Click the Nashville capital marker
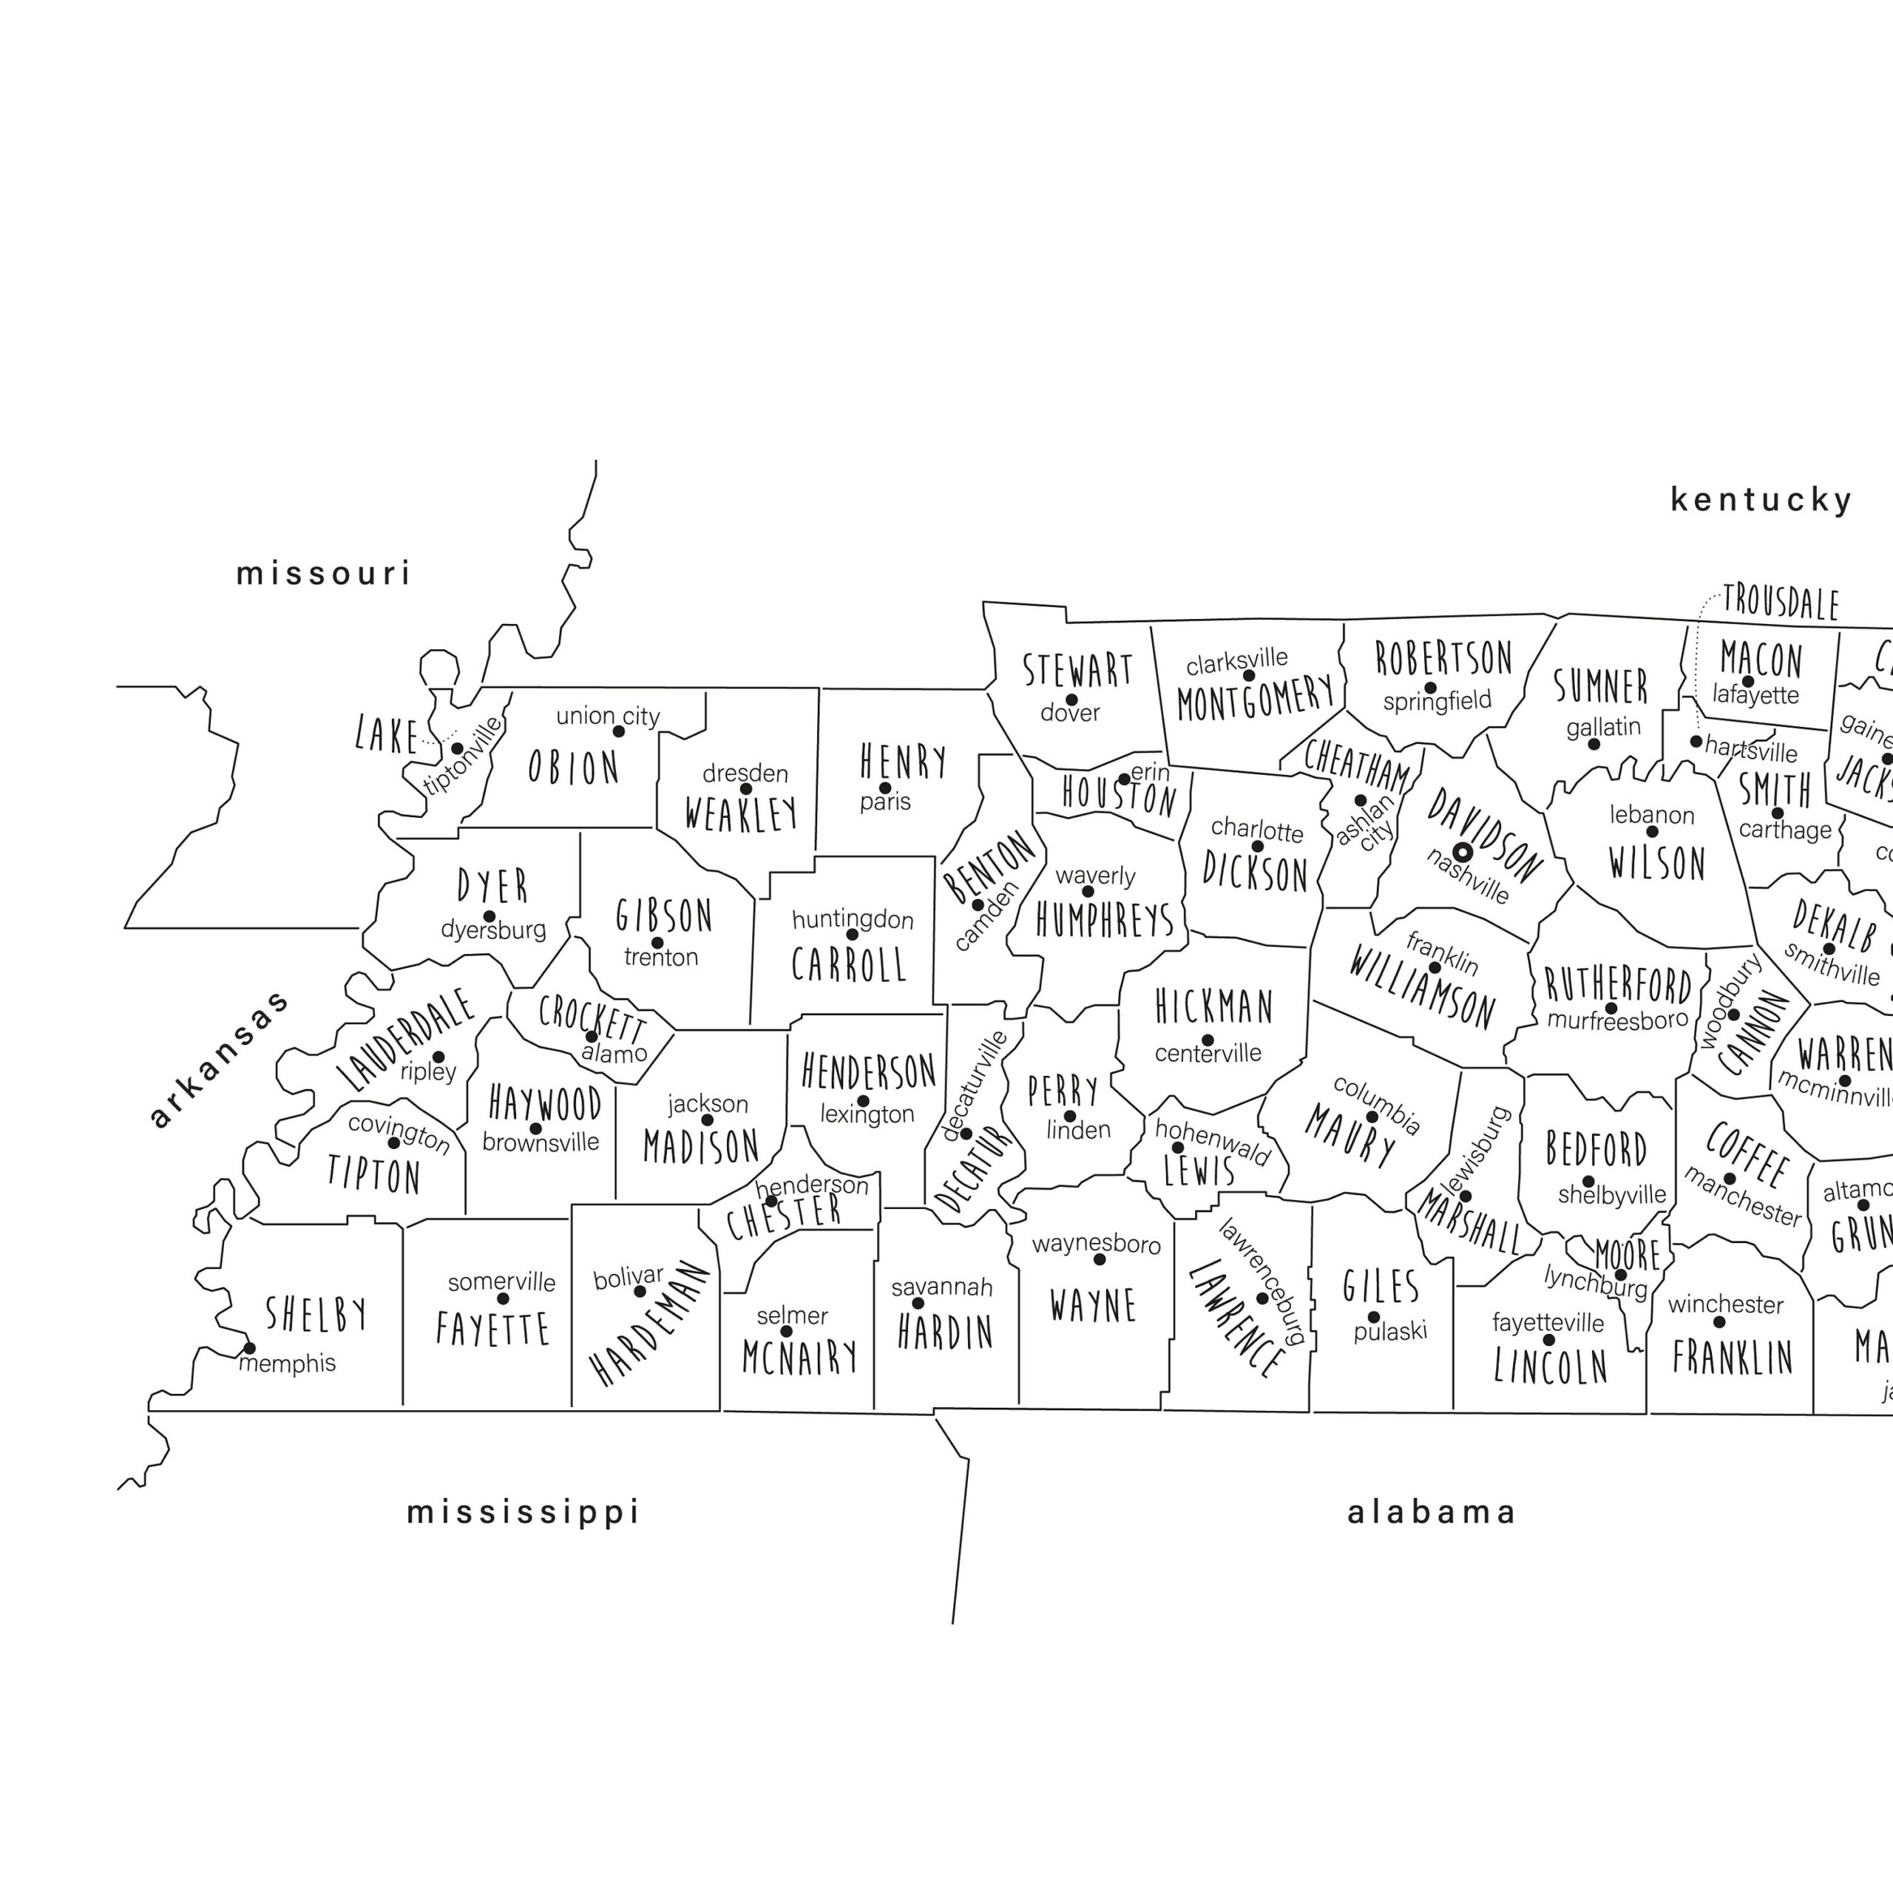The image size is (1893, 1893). (x=1462, y=853)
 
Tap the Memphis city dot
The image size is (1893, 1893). (x=249, y=1348)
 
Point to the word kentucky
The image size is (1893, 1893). (x=1761, y=500)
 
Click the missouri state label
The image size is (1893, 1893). (x=323, y=573)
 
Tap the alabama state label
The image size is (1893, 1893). (x=1432, y=1512)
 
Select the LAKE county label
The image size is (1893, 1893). (x=386, y=735)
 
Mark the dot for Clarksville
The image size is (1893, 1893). (x=1248, y=675)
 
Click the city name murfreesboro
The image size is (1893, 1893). (x=1618, y=1020)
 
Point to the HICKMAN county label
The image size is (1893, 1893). (x=1214, y=1006)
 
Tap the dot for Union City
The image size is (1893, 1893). (x=618, y=731)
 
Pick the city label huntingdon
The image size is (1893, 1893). (x=853, y=919)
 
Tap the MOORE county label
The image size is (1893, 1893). (x=1628, y=1254)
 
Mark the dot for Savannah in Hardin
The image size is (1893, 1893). (x=918, y=1303)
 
